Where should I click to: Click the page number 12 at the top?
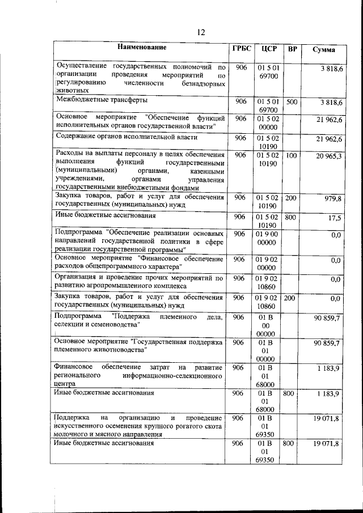[200, 32]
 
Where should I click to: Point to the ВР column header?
[293, 49]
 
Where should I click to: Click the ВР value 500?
[292, 102]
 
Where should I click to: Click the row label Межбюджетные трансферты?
[102, 100]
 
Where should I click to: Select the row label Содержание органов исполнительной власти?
[126, 137]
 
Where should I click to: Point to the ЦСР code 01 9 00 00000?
[267, 238]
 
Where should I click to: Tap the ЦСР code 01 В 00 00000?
[266, 326]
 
